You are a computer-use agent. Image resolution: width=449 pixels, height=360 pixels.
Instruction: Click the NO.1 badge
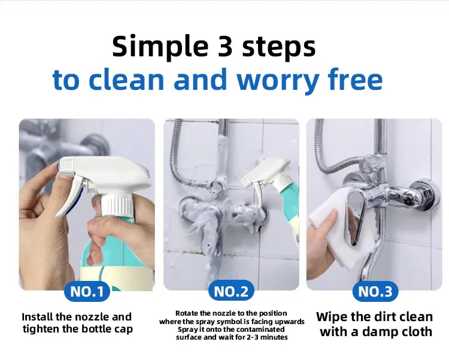click(x=87, y=292)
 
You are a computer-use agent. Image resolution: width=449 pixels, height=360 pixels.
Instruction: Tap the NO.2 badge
click(x=231, y=292)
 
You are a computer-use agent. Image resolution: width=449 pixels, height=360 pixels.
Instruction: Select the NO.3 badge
click(x=375, y=292)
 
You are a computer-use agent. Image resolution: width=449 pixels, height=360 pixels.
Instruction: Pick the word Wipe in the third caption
click(x=331, y=317)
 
